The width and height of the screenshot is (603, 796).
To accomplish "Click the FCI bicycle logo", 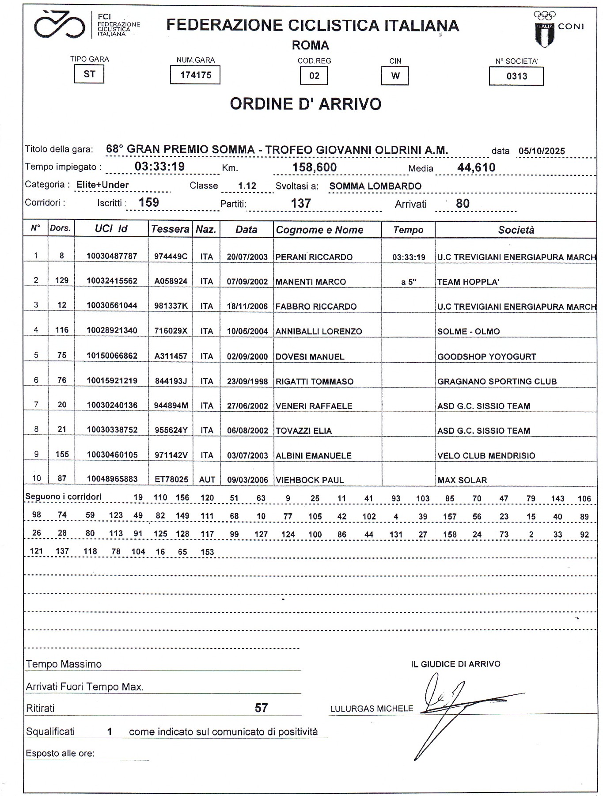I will coord(60,26).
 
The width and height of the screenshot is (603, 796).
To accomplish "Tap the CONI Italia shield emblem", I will coord(545,34).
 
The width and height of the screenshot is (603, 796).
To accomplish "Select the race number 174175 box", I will coord(195,75).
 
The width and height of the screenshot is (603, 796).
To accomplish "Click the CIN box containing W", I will coord(395,76).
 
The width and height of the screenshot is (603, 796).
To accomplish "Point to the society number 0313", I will coord(516,76).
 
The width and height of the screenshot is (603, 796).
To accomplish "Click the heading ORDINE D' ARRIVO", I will coord(305,104).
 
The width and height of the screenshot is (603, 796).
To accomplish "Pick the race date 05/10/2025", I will coord(542,151).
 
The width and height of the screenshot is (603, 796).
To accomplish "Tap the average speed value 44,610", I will coord(476,168).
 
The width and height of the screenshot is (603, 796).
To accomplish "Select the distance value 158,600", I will coord(315,167).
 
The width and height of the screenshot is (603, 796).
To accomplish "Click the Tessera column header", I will coord(170,229).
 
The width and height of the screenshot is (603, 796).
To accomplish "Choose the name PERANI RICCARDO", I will coord(314,257).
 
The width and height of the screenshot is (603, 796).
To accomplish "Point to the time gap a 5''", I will coord(409,282).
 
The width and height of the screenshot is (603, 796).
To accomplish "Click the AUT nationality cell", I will coord(207,480).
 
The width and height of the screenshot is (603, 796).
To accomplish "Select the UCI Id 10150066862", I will coord(112,356).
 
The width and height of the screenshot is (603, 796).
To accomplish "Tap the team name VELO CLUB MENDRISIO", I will coord(486,455).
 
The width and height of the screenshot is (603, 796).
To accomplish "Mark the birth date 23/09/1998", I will coord(247,382).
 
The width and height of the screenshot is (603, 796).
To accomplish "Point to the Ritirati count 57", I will coord(261,708).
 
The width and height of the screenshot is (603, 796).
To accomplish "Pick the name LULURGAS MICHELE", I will coord(372,709).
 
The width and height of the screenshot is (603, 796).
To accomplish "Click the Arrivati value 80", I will coord(463,204).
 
